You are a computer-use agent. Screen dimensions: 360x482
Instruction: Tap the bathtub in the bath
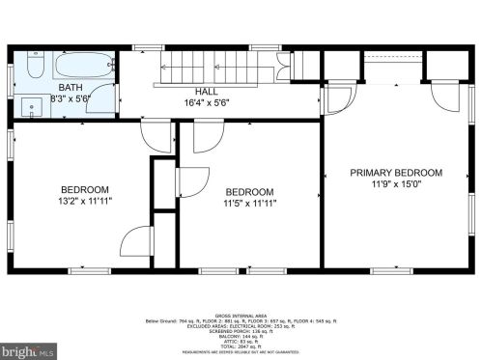pos(83,69)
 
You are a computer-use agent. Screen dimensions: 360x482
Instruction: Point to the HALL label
pos(207,90)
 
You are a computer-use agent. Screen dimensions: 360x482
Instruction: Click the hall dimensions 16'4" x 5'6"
pos(207,101)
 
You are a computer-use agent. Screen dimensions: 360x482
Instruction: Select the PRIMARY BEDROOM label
pos(396,173)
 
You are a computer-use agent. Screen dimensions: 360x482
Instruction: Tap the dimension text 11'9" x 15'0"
pos(396,185)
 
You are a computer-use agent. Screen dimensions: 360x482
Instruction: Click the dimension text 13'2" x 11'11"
pos(85,203)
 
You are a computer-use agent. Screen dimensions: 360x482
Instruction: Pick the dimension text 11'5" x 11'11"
pos(250,204)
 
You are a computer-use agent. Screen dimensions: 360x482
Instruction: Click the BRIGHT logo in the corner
pos(26,349)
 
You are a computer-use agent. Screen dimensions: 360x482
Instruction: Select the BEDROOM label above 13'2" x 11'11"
pos(85,190)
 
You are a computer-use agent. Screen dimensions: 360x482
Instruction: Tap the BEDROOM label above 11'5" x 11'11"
pos(250,191)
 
